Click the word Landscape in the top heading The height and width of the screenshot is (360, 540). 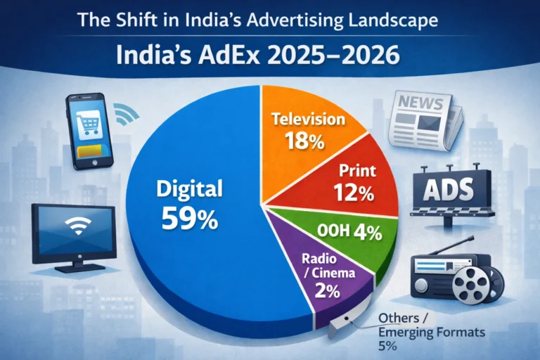pos(394,19)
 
